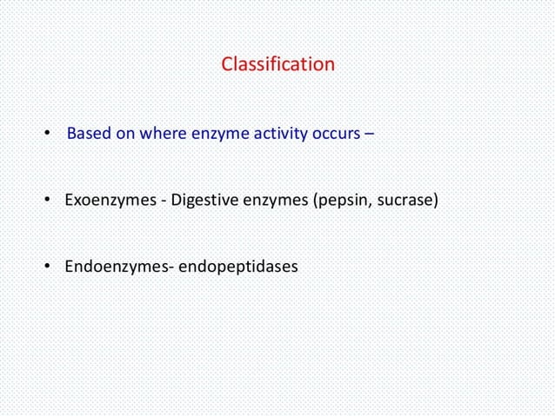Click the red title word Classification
277,64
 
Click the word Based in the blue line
88,135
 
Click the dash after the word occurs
369,135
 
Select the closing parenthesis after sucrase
434,201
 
